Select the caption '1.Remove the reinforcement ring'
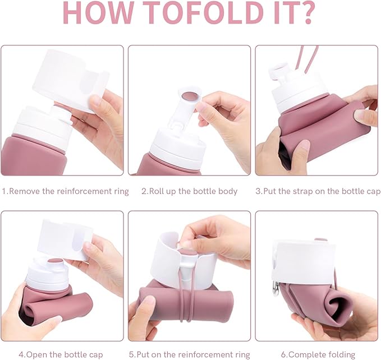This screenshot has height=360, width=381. pos(65,191)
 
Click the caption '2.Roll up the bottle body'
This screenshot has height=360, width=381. pos(190,191)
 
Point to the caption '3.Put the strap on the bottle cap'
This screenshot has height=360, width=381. pos(318,191)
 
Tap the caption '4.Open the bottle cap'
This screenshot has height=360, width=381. pos(61,354)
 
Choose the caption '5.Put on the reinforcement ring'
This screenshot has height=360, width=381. pos(190,354)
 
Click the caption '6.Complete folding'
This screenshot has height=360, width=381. pos(318,354)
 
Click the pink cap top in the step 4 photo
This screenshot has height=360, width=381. pos(56,262)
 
